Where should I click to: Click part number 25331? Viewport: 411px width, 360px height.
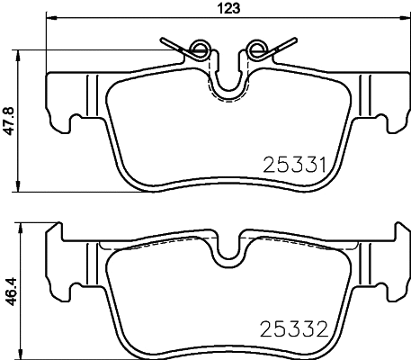click(x=293, y=165)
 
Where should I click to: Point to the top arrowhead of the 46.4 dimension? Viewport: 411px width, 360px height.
click(x=20, y=227)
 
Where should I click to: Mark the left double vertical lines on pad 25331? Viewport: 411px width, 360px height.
click(x=91, y=94)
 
